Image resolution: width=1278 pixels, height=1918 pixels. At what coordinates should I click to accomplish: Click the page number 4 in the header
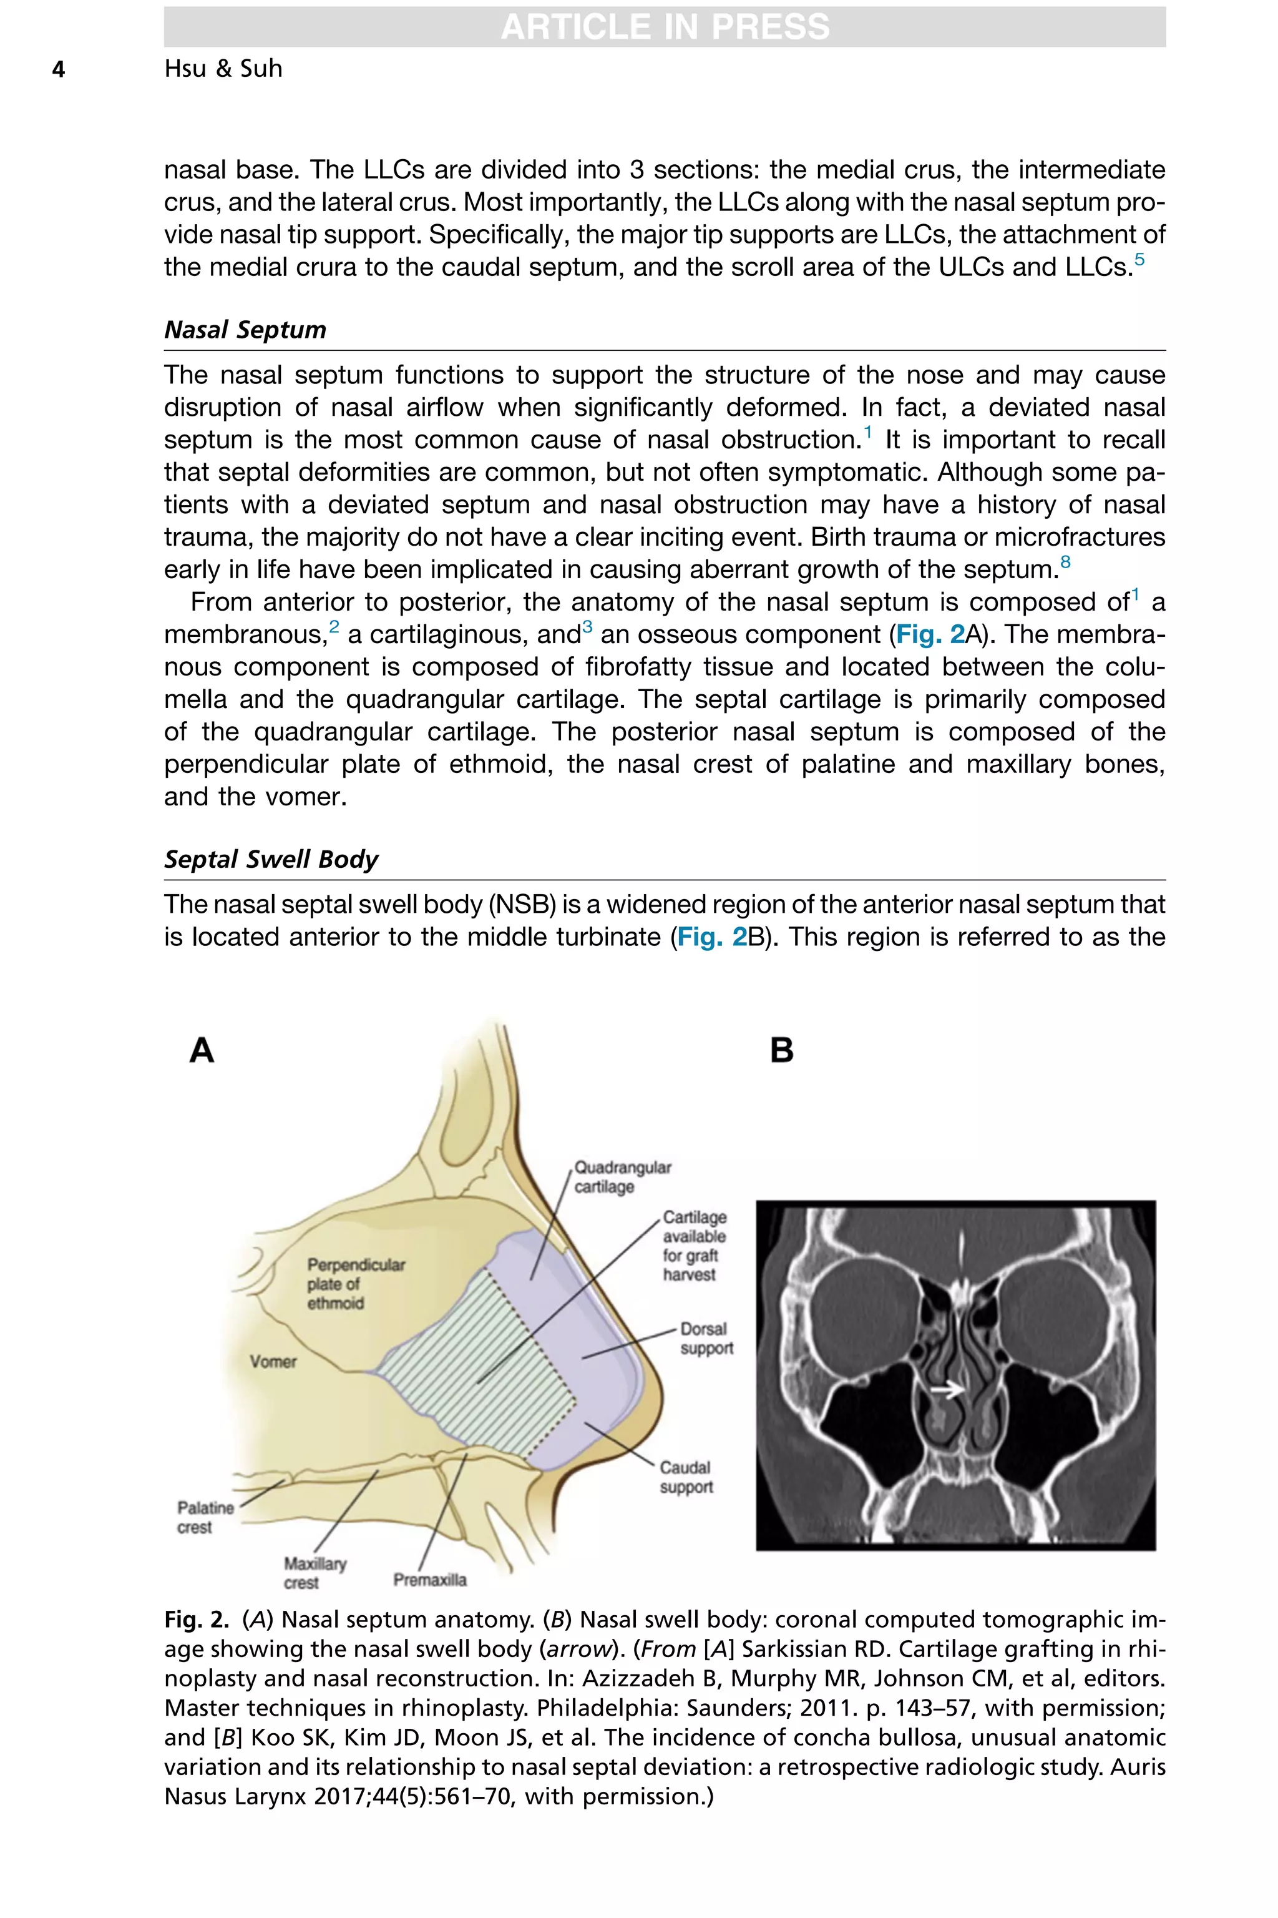pyautogui.click(x=58, y=69)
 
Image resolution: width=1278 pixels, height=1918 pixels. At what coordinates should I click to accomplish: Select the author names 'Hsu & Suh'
pyautogui.click(x=223, y=69)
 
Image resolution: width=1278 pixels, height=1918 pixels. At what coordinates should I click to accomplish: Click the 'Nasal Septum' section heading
pyautogui.click(x=245, y=330)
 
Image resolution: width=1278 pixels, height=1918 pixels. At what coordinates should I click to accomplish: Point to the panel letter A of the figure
pyautogui.click(x=202, y=1050)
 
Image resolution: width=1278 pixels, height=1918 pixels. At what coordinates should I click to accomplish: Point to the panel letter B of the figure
pyautogui.click(x=782, y=1050)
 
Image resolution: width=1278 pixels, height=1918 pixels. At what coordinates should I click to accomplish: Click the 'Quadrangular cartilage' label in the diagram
pyautogui.click(x=622, y=1177)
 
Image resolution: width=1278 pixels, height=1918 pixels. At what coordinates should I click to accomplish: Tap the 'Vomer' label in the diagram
pyautogui.click(x=273, y=1361)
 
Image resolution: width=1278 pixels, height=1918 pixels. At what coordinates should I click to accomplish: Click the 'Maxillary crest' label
pyautogui.click(x=315, y=1572)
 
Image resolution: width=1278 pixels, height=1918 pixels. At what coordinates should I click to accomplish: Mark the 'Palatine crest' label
pyautogui.click(x=205, y=1517)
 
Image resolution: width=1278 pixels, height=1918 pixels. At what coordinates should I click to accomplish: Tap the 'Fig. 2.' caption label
pyautogui.click(x=195, y=1619)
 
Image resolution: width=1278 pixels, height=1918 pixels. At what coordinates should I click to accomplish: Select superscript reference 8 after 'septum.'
pyautogui.click(x=1065, y=562)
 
